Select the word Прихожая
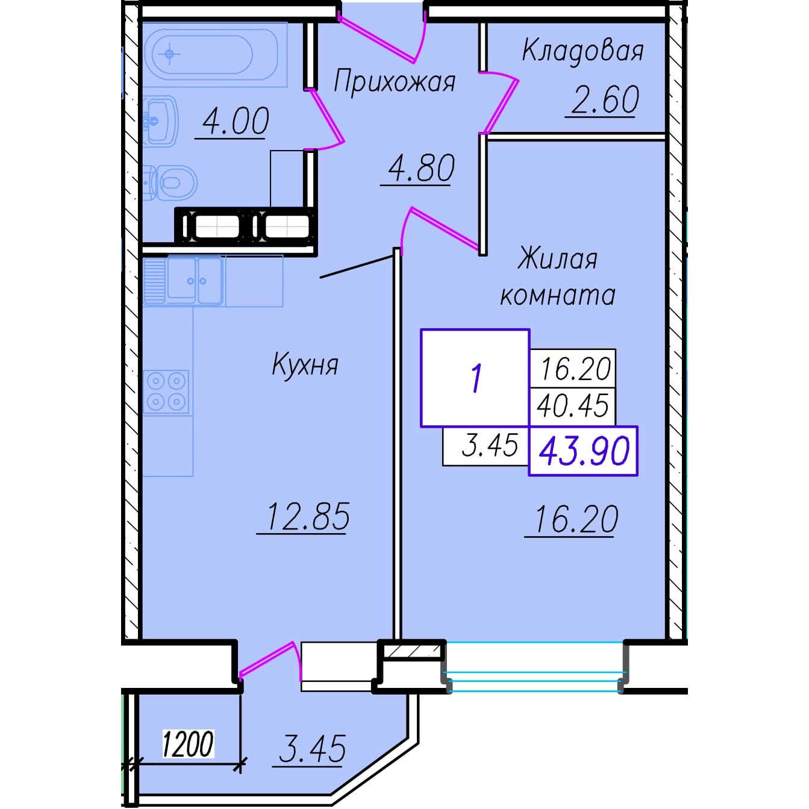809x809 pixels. tap(394, 82)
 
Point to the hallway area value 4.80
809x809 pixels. tap(421, 168)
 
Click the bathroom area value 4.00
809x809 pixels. tap(235, 121)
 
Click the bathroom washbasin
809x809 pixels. tap(160, 121)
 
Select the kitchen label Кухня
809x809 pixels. tap(305, 365)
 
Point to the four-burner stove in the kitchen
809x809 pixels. tap(166, 392)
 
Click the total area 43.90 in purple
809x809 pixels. tap(584, 451)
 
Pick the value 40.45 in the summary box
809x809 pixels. tap(573, 405)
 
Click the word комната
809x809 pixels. tap(558, 295)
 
